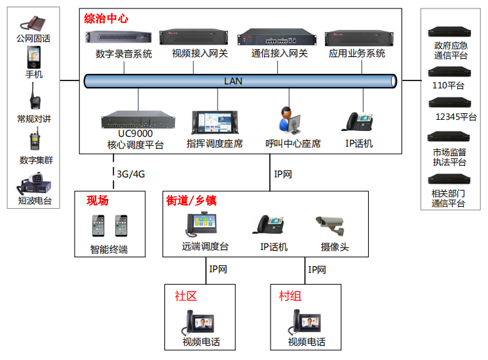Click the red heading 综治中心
point(106,19)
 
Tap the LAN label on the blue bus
point(233,81)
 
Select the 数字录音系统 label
point(124,54)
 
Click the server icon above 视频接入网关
point(199,36)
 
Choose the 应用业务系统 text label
point(357,54)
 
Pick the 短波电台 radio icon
point(34,184)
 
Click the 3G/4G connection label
point(130,173)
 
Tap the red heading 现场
point(98,201)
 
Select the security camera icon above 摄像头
point(333,226)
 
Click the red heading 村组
point(290,296)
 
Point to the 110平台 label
point(448,86)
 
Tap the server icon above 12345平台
point(449,103)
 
